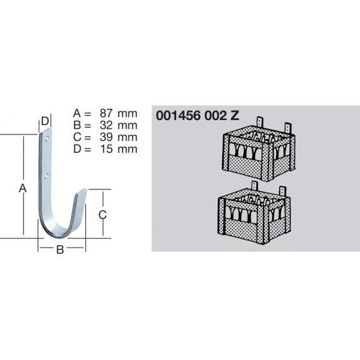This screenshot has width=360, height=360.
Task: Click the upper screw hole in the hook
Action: click(x=47, y=138)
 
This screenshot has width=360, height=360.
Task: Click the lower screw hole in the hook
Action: click(x=47, y=176)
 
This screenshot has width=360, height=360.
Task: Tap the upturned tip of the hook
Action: click(x=82, y=191)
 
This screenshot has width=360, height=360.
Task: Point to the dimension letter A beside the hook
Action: click(x=23, y=188)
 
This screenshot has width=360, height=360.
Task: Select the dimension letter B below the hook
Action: click(x=60, y=249)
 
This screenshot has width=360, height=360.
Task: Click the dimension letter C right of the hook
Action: click(x=102, y=215)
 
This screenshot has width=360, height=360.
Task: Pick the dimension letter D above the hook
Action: click(x=45, y=121)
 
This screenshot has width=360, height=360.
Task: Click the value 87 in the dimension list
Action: click(x=106, y=113)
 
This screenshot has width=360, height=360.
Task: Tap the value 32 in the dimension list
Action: click(x=106, y=125)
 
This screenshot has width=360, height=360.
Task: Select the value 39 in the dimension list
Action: click(x=106, y=137)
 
